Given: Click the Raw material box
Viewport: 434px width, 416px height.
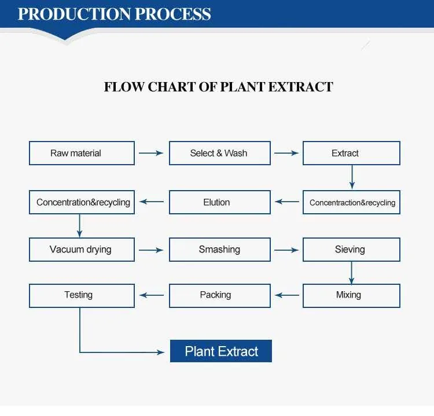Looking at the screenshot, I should tap(82, 153).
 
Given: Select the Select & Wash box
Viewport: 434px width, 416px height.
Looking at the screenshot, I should tap(219, 153).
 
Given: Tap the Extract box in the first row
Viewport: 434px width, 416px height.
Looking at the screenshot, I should tap(351, 153).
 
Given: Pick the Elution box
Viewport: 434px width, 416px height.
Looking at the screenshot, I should tap(219, 202).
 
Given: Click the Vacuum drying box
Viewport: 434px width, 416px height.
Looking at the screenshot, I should tap(82, 250).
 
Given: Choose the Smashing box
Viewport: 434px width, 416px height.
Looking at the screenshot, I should tap(219, 250).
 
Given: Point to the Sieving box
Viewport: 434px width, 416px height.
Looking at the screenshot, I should tap(351, 250).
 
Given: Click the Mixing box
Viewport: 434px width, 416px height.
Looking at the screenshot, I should tap(351, 295).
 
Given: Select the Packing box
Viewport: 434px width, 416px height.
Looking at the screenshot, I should tap(219, 295).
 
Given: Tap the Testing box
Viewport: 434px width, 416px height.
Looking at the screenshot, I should tap(82, 295).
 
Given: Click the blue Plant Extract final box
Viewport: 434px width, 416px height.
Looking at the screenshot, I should tap(221, 351).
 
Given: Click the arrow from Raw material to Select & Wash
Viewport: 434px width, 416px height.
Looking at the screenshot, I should tap(152, 153).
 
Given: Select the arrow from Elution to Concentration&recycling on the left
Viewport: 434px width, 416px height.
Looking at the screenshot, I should tap(152, 202).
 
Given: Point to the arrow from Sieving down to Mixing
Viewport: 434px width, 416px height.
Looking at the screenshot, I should tap(351, 273).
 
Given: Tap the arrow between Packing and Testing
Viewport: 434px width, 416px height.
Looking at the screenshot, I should tap(152, 295).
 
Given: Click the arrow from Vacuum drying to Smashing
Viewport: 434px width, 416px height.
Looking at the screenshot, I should tap(152, 250).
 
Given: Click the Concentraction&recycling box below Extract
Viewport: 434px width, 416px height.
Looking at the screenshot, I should tap(351, 202).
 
